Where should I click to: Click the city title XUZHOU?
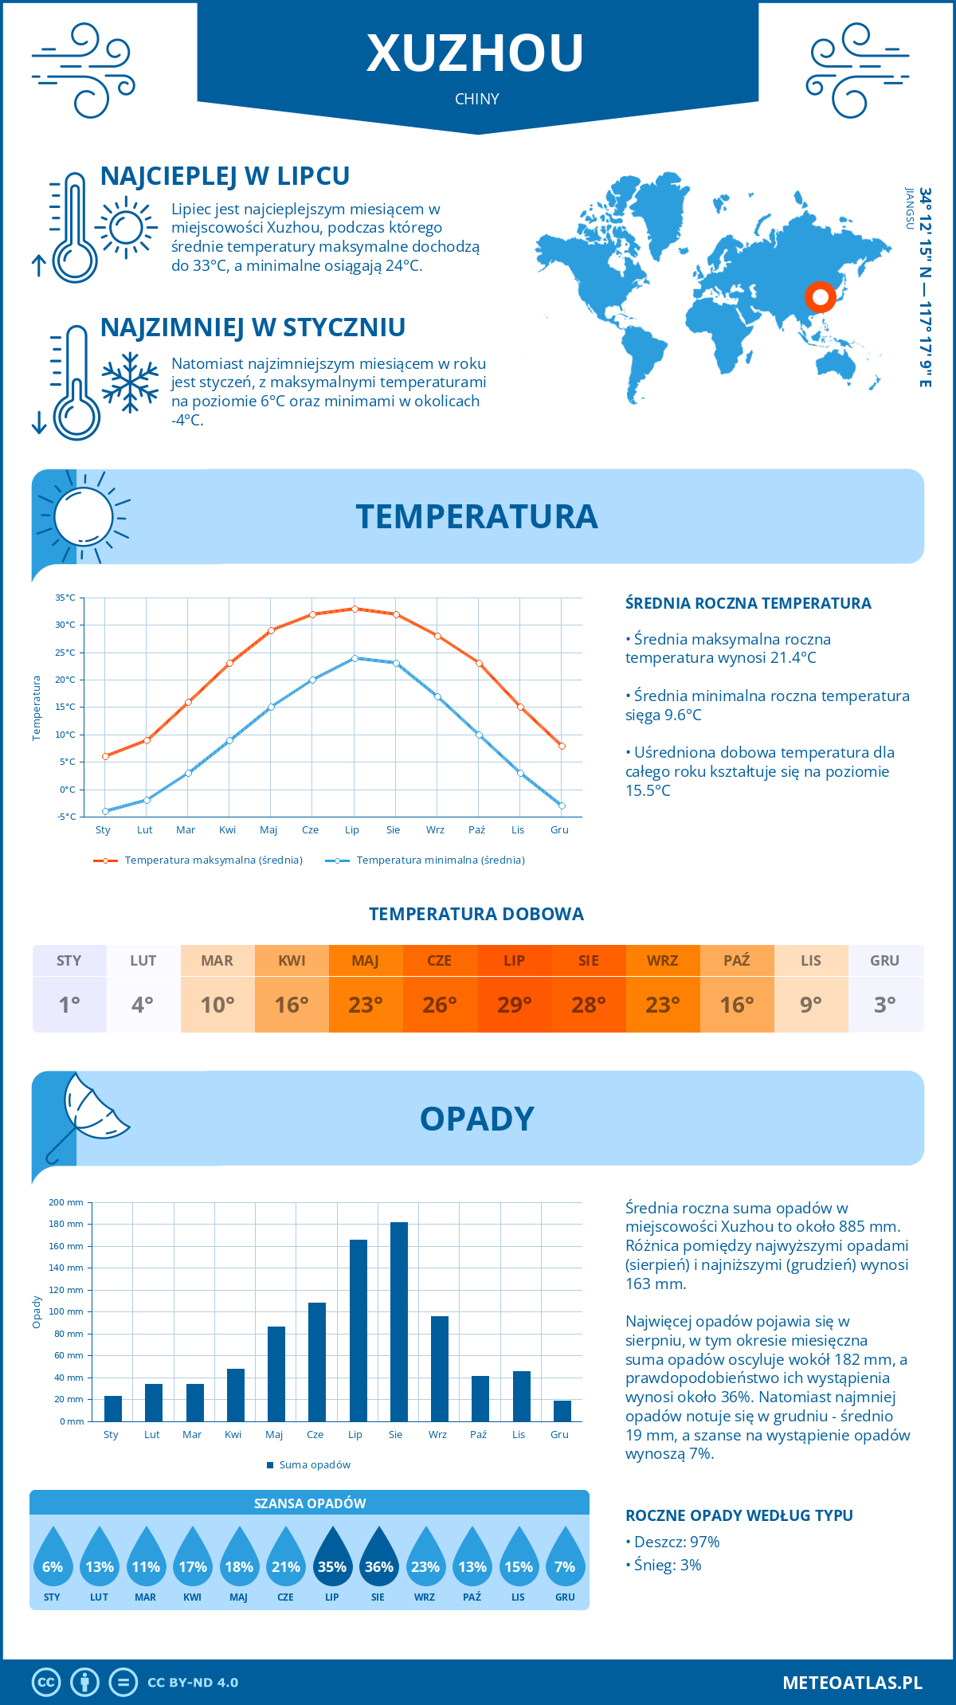tap(476, 53)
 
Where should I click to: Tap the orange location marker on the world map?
tap(820, 296)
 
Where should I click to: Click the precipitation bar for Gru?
tap(562, 1411)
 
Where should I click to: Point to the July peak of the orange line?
tap(355, 609)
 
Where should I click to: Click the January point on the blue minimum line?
tap(105, 811)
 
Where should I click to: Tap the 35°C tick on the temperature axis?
tap(65, 598)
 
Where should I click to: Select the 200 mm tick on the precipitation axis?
tap(66, 1202)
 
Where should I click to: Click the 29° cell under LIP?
tap(514, 1005)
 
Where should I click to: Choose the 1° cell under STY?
tap(69, 1005)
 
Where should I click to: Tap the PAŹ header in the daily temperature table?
tap(737, 960)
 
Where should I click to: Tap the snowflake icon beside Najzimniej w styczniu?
tap(130, 382)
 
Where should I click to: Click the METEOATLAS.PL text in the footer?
tap(852, 1683)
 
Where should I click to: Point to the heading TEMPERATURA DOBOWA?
tap(476, 914)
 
